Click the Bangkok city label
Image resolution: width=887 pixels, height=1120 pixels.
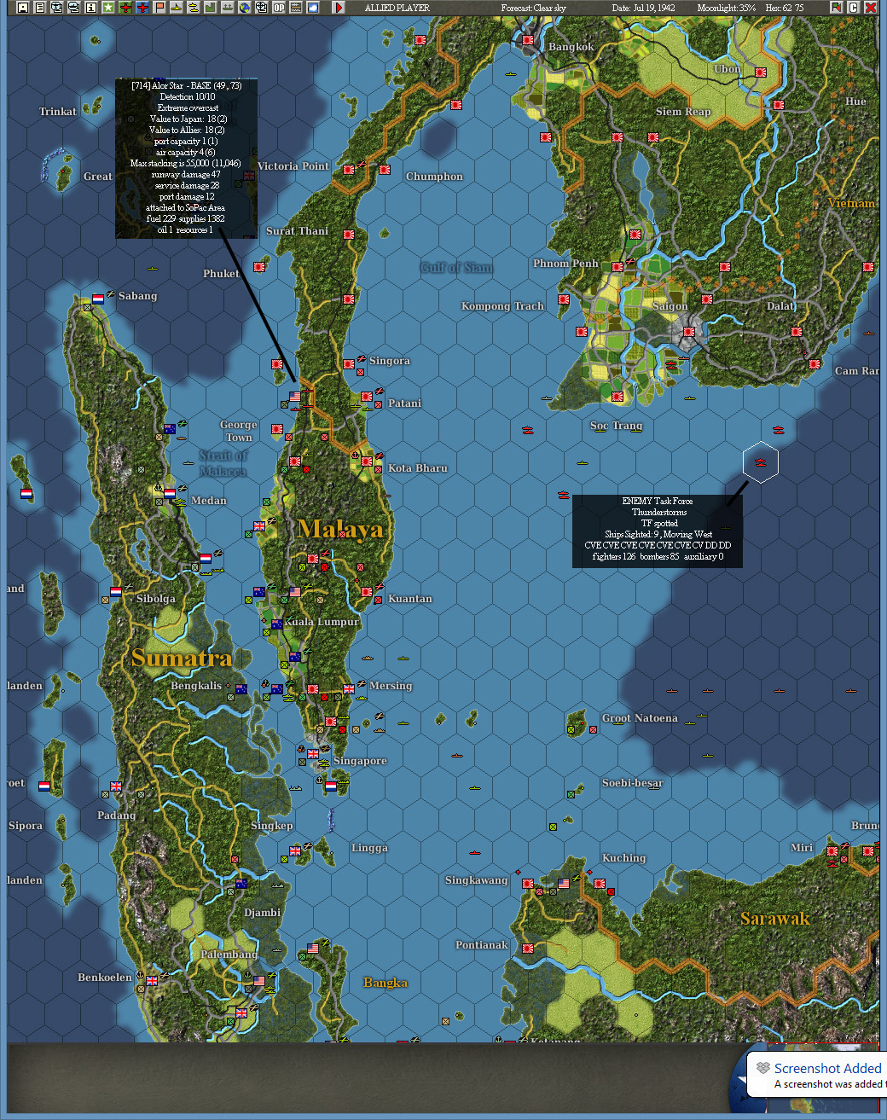click(x=571, y=47)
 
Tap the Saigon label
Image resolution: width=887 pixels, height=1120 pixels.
click(x=670, y=306)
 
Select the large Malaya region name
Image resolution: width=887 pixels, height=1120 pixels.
click(x=340, y=530)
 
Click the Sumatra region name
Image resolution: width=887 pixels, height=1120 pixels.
click(x=182, y=658)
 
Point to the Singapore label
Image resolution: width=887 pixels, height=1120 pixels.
click(x=360, y=761)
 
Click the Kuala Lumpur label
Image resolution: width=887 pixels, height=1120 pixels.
click(x=322, y=622)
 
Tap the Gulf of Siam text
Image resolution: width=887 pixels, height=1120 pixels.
click(x=456, y=268)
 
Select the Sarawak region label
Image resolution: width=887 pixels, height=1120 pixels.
click(x=774, y=919)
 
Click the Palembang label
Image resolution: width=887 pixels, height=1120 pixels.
click(x=229, y=955)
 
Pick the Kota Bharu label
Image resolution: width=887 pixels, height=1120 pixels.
click(x=417, y=468)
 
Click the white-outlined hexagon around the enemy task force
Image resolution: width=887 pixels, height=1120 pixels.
click(x=760, y=462)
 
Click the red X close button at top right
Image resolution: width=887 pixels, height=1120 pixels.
click(x=871, y=8)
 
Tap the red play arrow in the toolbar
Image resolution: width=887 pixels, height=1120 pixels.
click(x=339, y=8)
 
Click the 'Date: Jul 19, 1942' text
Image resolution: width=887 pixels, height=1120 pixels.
click(x=643, y=8)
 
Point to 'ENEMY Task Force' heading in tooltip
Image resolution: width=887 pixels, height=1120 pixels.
click(x=657, y=501)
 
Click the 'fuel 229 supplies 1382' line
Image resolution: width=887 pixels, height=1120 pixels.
click(x=185, y=218)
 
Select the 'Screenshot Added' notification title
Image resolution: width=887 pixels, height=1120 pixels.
click(x=827, y=1068)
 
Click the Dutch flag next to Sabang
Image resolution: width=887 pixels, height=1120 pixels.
click(x=98, y=299)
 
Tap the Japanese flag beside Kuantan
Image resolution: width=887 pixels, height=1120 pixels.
click(x=367, y=591)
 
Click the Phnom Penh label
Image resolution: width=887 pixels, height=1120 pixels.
click(x=565, y=264)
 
